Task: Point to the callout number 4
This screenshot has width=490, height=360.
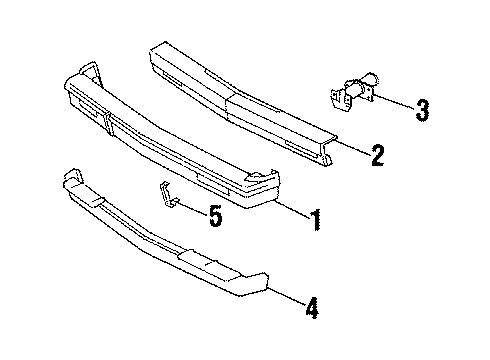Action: (x=312, y=309)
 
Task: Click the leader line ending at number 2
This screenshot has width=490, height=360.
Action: (x=350, y=146)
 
